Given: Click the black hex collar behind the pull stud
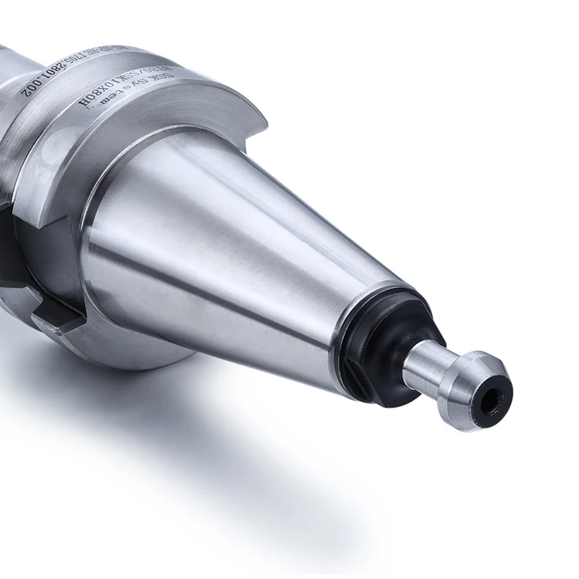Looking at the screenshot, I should tap(386, 347).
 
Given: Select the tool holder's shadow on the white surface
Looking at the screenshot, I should tap(232, 432).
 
